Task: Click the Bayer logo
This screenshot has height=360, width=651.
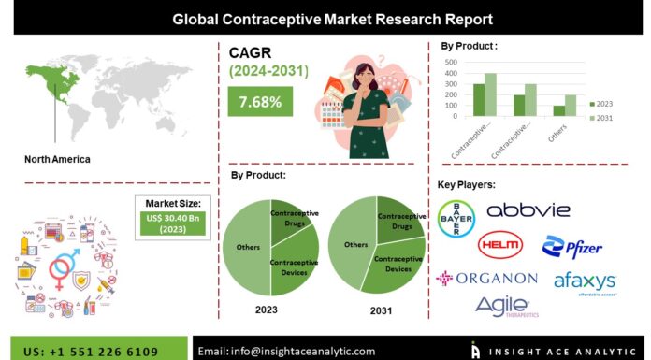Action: [x=456, y=220]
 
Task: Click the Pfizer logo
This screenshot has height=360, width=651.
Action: [x=571, y=247]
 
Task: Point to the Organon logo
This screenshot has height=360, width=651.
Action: [x=485, y=278]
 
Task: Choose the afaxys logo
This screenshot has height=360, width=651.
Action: [x=586, y=280]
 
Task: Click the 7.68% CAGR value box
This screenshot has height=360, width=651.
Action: [x=260, y=102]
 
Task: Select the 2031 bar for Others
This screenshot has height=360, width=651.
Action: [x=570, y=106]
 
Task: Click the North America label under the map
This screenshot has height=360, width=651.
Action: [x=58, y=159]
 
